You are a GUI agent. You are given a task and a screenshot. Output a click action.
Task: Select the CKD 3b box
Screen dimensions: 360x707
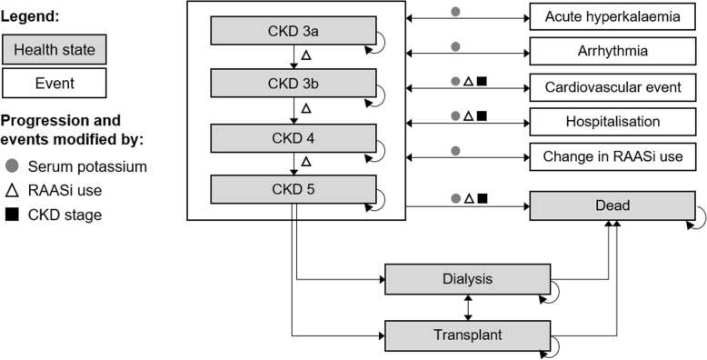tap(294, 84)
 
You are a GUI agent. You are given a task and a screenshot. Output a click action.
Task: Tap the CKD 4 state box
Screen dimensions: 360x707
tap(294, 137)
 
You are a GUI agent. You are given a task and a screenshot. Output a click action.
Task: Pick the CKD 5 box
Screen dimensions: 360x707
tap(294, 189)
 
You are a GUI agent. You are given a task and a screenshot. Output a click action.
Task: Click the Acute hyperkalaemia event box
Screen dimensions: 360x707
tap(605, 17)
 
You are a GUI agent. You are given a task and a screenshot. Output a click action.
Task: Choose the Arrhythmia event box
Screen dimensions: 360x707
tap(605, 52)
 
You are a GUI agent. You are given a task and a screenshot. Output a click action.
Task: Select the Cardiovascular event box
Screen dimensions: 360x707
tap(605, 87)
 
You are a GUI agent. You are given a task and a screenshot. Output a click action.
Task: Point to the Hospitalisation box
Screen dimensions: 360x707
tap(605, 121)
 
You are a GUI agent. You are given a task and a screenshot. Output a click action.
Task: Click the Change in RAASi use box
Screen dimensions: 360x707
tap(605, 156)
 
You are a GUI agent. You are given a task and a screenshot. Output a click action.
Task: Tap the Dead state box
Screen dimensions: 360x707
tap(605, 205)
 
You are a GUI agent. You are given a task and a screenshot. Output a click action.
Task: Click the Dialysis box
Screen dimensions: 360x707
tap(468, 279)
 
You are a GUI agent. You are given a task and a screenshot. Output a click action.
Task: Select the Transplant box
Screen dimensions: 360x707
tap(468, 335)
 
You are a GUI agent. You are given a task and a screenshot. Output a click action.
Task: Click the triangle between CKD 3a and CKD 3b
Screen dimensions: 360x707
tap(306, 55)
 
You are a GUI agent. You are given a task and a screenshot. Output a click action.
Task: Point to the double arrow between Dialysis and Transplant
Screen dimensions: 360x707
tap(468, 306)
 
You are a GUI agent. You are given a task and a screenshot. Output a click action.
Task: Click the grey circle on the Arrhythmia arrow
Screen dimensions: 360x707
tap(454, 45)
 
